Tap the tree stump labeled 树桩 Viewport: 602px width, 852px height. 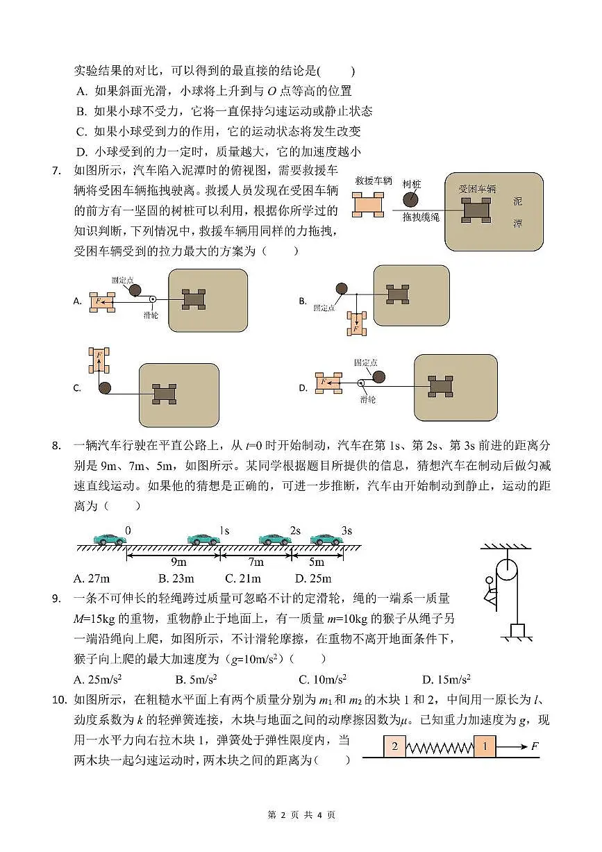point(412,200)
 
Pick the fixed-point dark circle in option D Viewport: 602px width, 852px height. point(378,377)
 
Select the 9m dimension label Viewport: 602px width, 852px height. point(178,562)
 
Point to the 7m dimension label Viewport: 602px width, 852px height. point(256,562)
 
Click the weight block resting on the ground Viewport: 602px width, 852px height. point(517,630)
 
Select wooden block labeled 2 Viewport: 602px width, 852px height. point(394,747)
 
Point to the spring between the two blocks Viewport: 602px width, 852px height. point(440,748)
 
